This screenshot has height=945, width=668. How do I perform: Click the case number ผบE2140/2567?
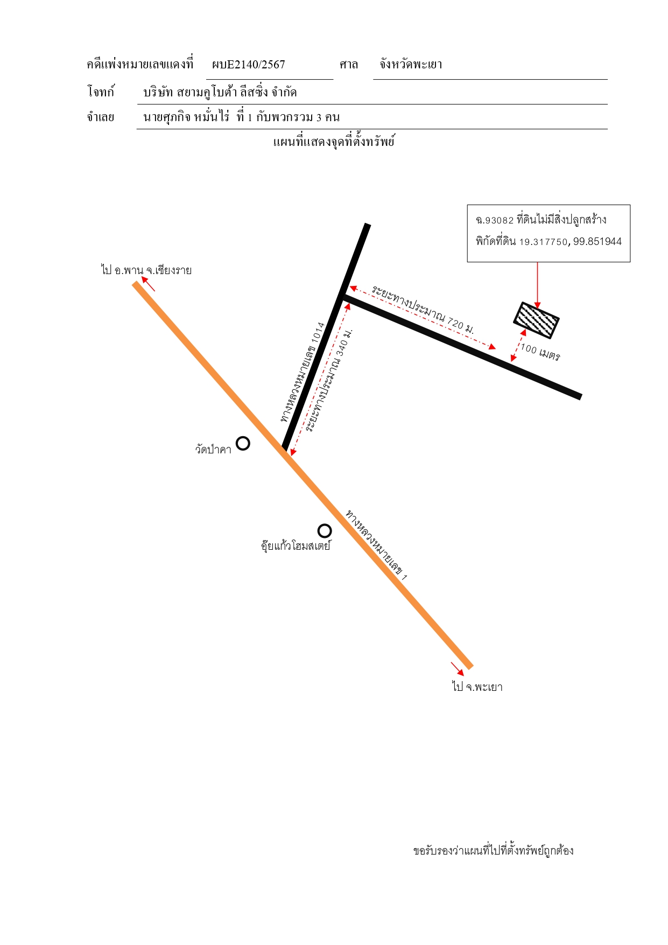(x=248, y=65)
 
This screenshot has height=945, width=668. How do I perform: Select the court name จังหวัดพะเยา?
(x=411, y=64)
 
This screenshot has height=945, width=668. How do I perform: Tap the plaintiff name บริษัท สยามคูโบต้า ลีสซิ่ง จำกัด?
(x=220, y=92)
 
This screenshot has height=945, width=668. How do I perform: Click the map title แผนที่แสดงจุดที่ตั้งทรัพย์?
(x=334, y=142)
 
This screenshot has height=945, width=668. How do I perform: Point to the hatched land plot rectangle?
(x=536, y=320)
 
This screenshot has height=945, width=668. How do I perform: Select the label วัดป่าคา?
(x=213, y=449)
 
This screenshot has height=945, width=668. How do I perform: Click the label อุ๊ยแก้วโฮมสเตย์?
(x=296, y=545)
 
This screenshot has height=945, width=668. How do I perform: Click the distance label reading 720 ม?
(x=423, y=310)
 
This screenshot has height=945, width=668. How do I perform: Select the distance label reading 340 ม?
(x=328, y=380)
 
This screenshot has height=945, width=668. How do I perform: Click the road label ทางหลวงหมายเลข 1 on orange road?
(x=376, y=544)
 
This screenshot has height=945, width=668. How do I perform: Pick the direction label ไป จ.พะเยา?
(x=477, y=687)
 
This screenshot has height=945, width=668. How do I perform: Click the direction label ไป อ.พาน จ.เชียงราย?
(x=146, y=270)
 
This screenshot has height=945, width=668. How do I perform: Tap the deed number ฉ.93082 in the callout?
(x=495, y=220)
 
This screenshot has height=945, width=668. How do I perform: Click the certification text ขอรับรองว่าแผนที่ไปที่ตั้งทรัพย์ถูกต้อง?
(x=493, y=851)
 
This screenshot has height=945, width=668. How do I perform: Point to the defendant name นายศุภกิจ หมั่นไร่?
(x=186, y=117)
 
